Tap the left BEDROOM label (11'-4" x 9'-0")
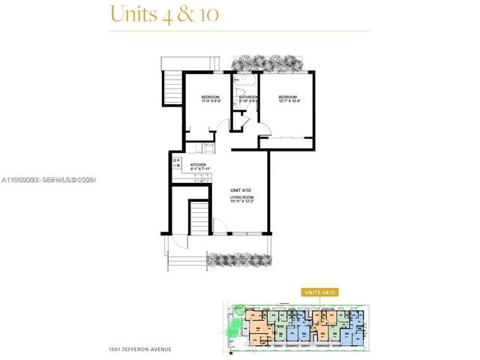[x=210, y=100]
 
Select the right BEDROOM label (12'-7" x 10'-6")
[x=289, y=100]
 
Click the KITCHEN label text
[x=199, y=167]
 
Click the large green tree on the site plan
[x=235, y=325]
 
